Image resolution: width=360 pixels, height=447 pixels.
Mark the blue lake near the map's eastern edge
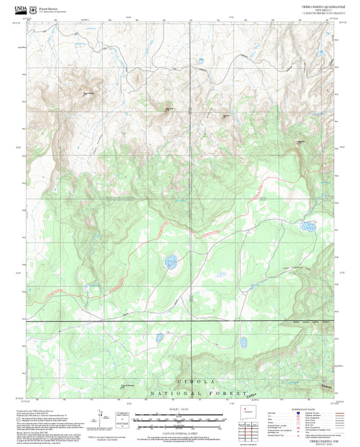pyautogui.click(x=307, y=226)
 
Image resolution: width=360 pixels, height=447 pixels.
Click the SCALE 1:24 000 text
pyautogui.click(x=180, y=409)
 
